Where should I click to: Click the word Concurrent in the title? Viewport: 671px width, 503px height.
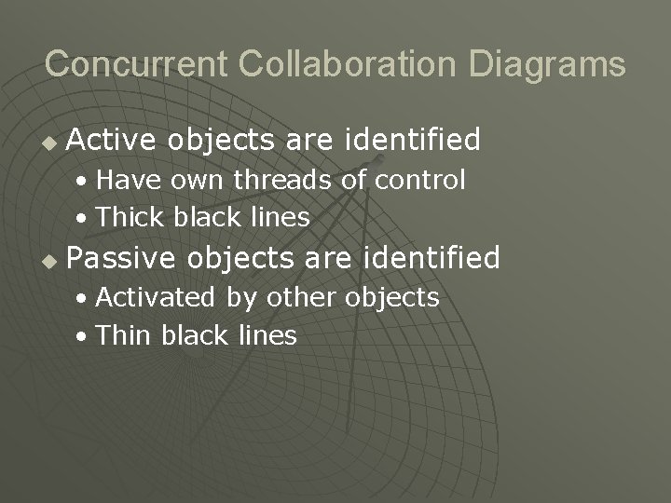(x=137, y=64)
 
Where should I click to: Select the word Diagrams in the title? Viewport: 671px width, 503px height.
(x=548, y=64)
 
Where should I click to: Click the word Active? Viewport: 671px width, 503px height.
(x=113, y=141)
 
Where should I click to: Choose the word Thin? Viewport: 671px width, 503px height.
(x=125, y=335)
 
